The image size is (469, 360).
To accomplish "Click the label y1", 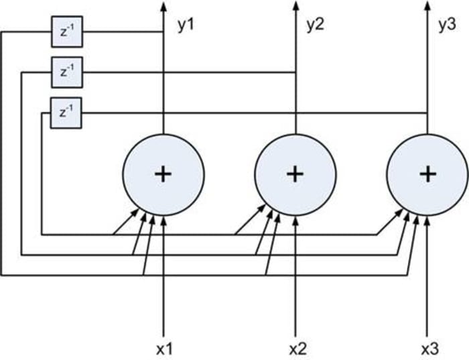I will (185, 26).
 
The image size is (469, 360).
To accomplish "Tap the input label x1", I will (165, 349).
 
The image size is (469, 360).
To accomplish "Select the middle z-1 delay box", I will (66, 72).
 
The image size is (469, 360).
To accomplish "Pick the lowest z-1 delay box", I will (66, 113).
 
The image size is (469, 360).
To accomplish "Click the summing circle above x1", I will (163, 174).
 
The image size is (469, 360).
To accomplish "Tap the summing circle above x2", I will (295, 174).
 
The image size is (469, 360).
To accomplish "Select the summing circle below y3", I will (427, 174).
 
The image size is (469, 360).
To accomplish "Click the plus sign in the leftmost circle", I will (163, 174).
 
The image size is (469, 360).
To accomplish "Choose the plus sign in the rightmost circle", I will (427, 174).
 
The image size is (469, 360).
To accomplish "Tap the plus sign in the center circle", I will (295, 174).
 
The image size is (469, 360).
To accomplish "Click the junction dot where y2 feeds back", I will (295, 72).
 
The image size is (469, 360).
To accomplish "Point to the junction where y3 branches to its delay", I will (427, 113).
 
